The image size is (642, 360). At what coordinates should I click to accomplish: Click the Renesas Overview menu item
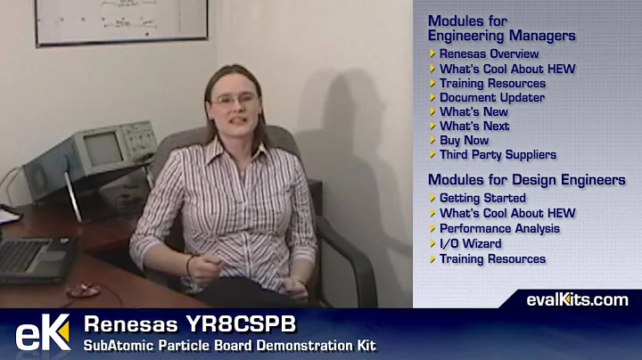[489, 54]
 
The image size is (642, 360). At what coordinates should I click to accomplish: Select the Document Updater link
[491, 97]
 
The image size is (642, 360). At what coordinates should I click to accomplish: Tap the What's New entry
[473, 111]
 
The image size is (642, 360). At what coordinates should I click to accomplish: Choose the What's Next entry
[474, 126]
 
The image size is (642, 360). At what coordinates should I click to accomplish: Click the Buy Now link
[464, 140]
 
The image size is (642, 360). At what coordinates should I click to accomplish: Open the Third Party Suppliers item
[498, 154]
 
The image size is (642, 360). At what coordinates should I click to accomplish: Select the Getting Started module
[482, 198]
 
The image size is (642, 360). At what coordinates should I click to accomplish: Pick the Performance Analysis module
[499, 228]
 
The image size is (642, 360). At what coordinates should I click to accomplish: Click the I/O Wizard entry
[470, 243]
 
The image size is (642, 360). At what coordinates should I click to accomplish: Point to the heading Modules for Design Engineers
[526, 180]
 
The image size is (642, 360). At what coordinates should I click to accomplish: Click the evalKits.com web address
[577, 299]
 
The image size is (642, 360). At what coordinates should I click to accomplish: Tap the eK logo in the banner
[42, 333]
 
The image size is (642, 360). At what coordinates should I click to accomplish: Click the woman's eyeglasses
[234, 100]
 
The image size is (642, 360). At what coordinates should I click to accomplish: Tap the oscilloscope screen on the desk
[103, 150]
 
